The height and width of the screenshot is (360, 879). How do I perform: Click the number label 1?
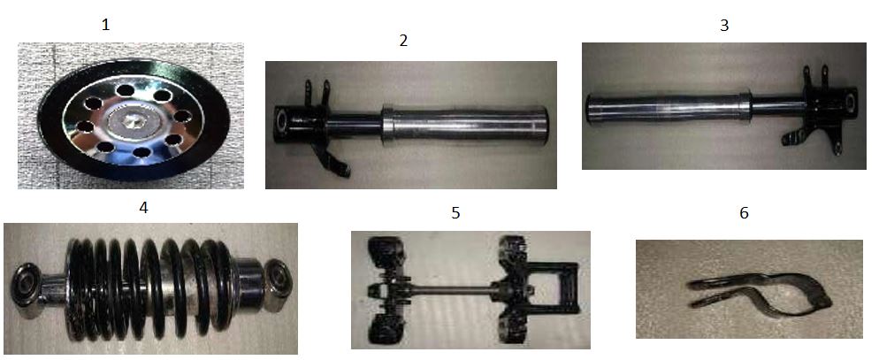(105, 25)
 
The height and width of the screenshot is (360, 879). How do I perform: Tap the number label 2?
(403, 41)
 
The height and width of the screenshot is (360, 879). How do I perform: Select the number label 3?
(724, 26)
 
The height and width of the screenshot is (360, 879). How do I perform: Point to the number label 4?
(143, 208)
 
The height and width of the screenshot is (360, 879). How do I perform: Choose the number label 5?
(455, 213)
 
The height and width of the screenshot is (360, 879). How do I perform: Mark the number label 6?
(745, 213)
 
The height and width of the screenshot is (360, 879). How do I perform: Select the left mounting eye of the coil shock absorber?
(27, 283)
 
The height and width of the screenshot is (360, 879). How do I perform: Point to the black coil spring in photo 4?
(149, 288)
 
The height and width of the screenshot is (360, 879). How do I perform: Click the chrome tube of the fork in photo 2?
(465, 123)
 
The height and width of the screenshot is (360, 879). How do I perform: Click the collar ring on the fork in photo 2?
(387, 124)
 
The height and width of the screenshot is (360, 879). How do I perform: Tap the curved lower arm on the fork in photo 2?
(331, 160)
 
